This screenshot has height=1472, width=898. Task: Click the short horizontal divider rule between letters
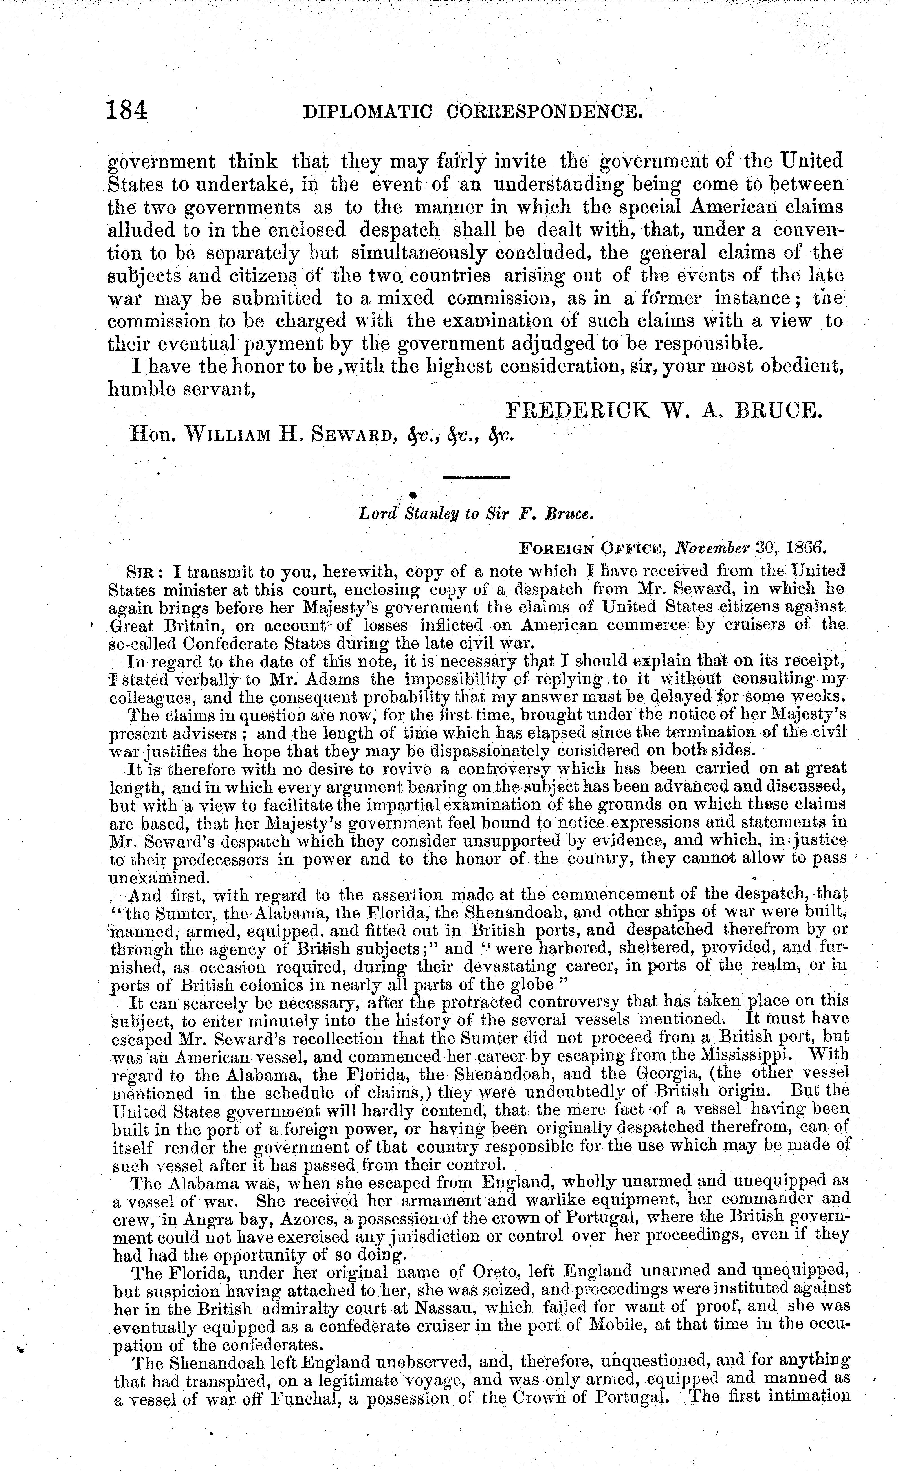[x=476, y=477]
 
